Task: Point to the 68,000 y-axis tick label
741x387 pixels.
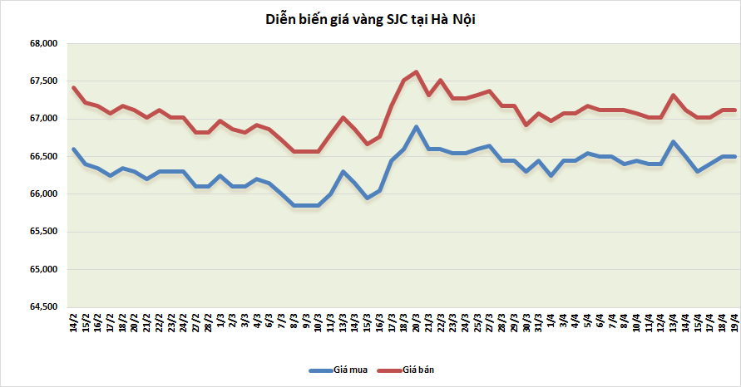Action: click(x=42, y=44)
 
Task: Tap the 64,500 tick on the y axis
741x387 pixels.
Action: click(x=42, y=307)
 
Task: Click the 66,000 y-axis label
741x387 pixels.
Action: click(x=42, y=194)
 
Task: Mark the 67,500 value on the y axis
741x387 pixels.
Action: click(x=42, y=81)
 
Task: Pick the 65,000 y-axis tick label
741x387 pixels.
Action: click(x=42, y=270)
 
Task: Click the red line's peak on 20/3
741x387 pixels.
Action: click(x=416, y=71)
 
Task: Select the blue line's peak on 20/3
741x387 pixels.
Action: click(x=416, y=127)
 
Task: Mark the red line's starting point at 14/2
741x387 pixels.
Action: click(x=74, y=87)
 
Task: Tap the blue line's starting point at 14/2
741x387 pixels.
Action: click(x=74, y=149)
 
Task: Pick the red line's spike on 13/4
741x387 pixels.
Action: click(x=673, y=95)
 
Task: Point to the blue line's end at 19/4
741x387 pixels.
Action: click(x=734, y=156)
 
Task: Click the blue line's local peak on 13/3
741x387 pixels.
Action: click(x=343, y=172)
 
